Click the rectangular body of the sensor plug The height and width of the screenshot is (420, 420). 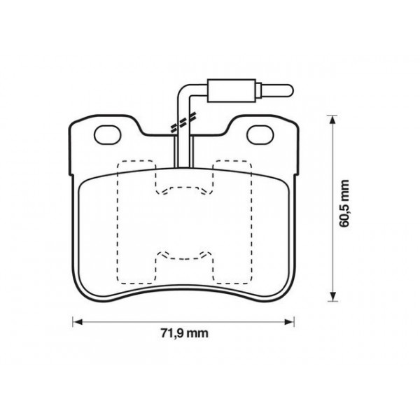coord(234,90)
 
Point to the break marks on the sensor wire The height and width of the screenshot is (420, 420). coord(181,124)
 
